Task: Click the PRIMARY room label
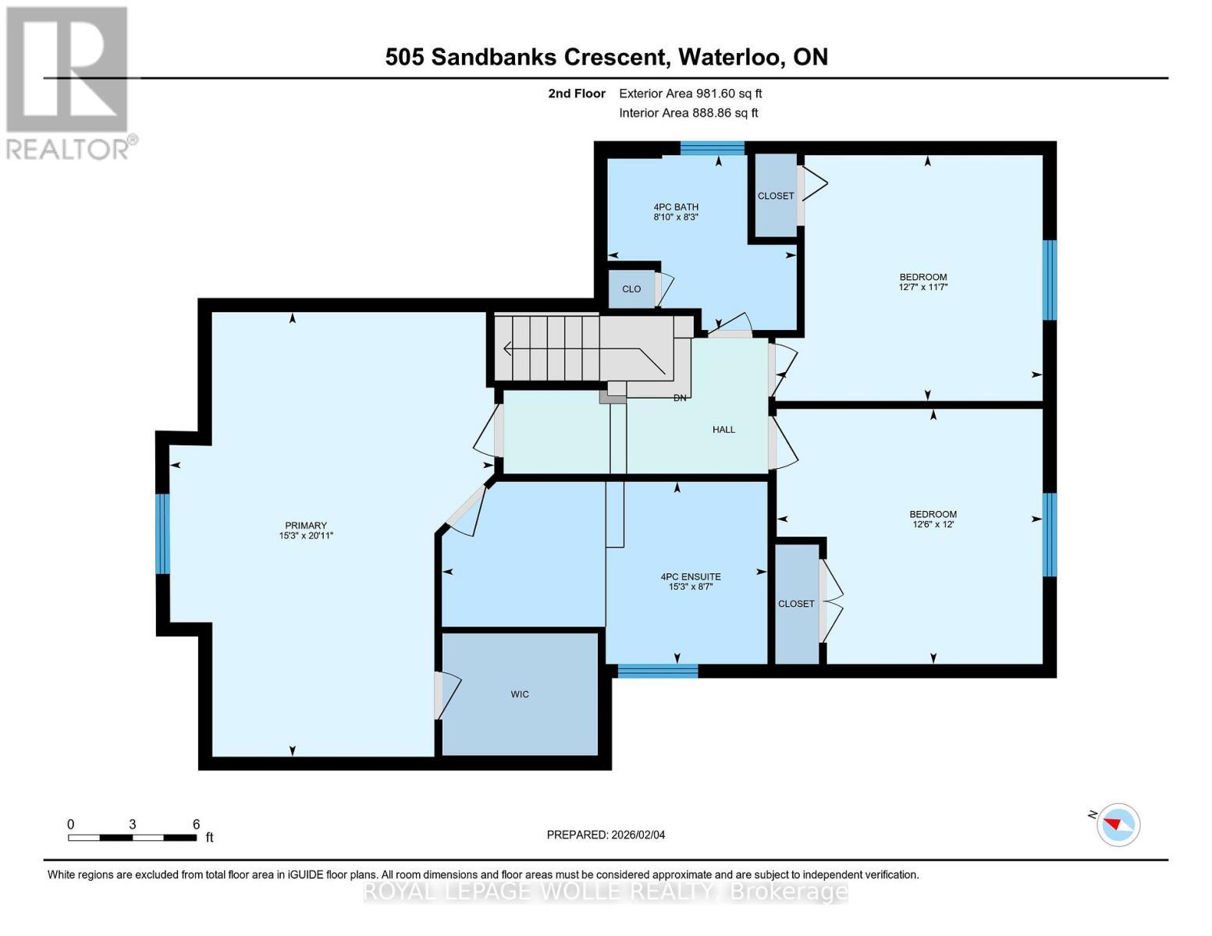coord(305,525)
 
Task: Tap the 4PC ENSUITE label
coord(690,576)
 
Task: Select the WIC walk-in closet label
coord(520,694)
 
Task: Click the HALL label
coord(723,430)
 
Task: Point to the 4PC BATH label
coord(676,207)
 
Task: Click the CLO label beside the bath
coord(631,289)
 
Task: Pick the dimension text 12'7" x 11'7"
coord(923,287)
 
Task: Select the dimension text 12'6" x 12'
coord(933,524)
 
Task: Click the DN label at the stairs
coord(680,398)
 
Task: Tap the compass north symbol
coord(1118,824)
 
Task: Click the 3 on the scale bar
coord(133,824)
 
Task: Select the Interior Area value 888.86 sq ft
coord(725,113)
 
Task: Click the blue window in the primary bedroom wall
coord(162,534)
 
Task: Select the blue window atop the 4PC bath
coord(712,148)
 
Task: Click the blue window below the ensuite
coord(657,670)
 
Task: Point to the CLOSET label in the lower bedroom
coord(796,604)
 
